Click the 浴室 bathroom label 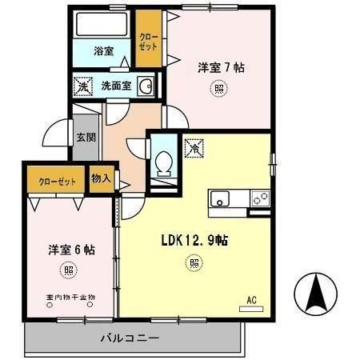(102, 50)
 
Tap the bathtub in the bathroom (102, 26)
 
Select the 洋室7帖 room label (221, 68)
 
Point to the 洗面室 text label (115, 86)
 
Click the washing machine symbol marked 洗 (82, 86)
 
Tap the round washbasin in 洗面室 (146, 86)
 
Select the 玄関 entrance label (85, 137)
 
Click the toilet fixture (164, 163)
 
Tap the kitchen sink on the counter (222, 199)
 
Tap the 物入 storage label (101, 178)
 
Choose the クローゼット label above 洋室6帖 (58, 181)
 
